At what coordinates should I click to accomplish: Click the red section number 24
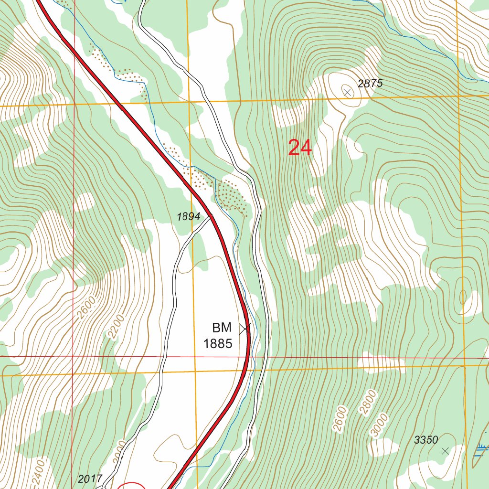(x=300, y=148)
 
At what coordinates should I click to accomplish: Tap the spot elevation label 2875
(x=370, y=84)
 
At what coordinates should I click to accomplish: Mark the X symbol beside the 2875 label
(x=347, y=92)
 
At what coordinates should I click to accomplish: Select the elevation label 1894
(x=188, y=216)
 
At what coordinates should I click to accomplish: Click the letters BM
(x=222, y=328)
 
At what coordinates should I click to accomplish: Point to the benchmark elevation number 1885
(x=218, y=343)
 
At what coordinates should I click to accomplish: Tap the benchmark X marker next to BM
(x=245, y=329)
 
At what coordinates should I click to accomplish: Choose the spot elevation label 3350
(x=426, y=440)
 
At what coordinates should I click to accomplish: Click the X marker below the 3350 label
(x=445, y=451)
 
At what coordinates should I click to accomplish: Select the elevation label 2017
(x=90, y=478)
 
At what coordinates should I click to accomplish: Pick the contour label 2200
(x=116, y=327)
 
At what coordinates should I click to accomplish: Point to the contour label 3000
(x=379, y=425)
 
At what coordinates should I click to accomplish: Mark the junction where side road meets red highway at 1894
(x=212, y=216)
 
